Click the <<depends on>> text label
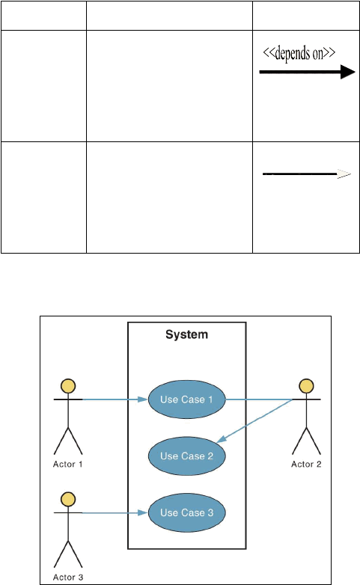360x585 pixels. coord(299,53)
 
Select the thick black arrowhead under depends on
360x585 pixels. coord(348,72)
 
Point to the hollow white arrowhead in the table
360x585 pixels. coord(344,174)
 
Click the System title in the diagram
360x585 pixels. coord(186,334)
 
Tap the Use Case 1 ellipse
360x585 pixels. coord(186,399)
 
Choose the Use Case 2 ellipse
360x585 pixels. coord(186,456)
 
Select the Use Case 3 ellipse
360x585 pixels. coord(186,512)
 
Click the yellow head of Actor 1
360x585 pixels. coord(68,386)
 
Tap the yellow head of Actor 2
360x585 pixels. coord(306,386)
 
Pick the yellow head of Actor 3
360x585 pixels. coord(68,499)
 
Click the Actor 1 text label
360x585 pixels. coord(67,464)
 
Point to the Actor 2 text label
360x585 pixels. coord(306,464)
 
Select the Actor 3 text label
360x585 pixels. coord(68,578)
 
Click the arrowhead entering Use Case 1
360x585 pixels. coord(144,399)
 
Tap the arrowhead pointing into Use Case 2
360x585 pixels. coord(222,439)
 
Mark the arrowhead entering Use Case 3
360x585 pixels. coord(144,512)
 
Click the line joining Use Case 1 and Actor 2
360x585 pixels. coord(259,399)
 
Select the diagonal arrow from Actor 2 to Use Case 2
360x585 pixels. coord(254,421)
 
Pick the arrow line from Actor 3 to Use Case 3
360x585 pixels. coord(115,512)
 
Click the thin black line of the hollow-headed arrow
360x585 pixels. coord(300,174)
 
